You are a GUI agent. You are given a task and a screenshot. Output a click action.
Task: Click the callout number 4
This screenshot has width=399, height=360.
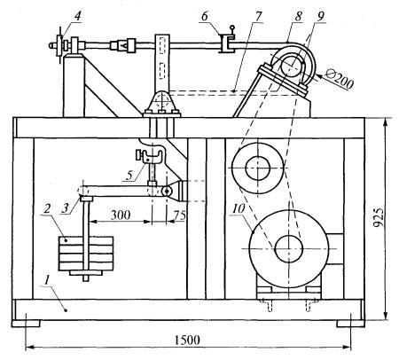pos(77,16)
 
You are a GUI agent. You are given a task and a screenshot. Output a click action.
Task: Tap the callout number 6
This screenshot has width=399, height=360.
pos(205,16)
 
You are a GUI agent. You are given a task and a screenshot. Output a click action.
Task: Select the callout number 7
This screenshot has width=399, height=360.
pos(258,17)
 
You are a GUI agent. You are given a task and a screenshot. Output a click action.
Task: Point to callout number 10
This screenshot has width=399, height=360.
pos(239,208)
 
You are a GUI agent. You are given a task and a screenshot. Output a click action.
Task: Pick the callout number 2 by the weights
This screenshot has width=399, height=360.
pos(46,209)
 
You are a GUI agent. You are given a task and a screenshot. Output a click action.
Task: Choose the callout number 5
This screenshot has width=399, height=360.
pos(129,176)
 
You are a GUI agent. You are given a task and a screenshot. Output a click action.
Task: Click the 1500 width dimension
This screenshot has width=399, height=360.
pos(187,340)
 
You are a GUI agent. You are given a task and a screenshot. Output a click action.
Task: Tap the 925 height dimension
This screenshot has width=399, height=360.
pos(379,217)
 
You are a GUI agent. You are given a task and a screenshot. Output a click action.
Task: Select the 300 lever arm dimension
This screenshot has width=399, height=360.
pos(121,215)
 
